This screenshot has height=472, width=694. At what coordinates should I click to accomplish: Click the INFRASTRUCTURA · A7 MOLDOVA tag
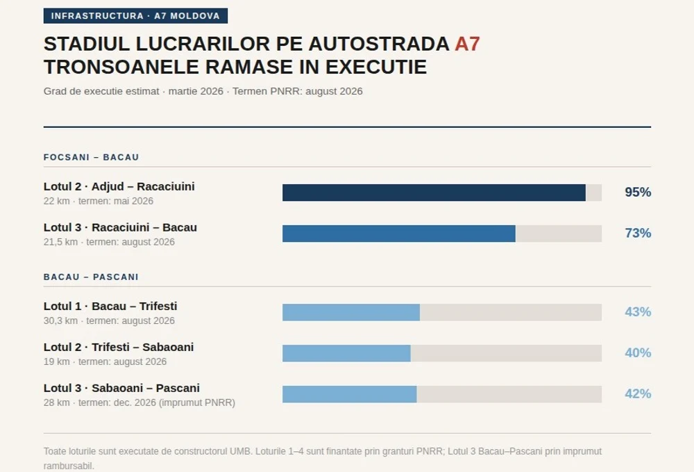(135, 16)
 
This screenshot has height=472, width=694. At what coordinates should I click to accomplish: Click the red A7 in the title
(467, 44)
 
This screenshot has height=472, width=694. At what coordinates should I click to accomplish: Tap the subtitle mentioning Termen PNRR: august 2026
(203, 91)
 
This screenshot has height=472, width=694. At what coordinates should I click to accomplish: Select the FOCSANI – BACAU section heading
(91, 157)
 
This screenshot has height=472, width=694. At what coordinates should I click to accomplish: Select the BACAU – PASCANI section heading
(91, 277)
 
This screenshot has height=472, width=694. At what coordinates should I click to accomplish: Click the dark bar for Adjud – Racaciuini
(434, 193)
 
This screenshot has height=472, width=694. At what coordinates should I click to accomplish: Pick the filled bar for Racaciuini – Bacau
(398, 234)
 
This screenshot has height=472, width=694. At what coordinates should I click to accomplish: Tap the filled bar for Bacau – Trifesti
(350, 312)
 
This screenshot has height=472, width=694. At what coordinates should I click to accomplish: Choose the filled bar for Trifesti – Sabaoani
(346, 353)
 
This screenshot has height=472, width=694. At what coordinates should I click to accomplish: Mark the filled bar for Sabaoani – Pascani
(349, 394)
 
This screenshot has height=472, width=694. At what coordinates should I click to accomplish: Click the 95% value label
(638, 193)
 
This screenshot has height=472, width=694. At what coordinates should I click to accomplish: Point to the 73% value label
(638, 234)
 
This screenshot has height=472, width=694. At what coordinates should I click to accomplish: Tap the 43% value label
(638, 312)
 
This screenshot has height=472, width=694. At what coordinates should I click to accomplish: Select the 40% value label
(638, 353)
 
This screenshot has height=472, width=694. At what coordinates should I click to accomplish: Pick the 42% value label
(638, 394)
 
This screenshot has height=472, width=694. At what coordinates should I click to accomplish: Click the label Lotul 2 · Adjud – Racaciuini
(119, 186)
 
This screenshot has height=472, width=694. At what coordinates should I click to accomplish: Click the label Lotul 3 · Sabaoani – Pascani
(121, 388)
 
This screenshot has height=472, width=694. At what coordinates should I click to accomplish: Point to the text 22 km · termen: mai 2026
(98, 201)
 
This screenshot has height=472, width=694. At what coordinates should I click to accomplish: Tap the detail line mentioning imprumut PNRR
(139, 402)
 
